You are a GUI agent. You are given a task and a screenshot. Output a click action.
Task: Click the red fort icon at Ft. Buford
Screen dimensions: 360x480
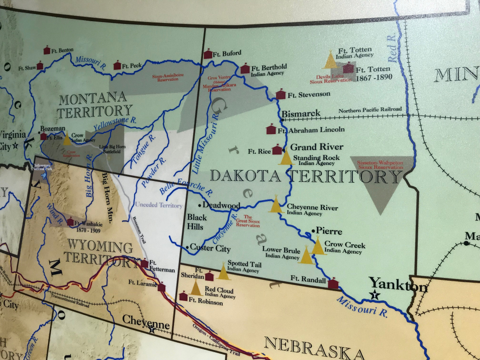click(x=208, y=54)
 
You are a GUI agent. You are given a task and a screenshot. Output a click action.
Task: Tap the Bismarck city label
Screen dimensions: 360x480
click(x=301, y=113)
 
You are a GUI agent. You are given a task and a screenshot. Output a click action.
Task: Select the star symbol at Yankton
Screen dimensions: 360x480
click(x=375, y=295)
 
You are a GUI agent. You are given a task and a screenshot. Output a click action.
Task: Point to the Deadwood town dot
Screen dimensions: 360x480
click(x=200, y=205)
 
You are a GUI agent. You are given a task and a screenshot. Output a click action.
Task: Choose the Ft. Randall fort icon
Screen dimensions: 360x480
click(x=333, y=283)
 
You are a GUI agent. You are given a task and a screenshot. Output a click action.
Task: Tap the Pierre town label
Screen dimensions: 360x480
click(x=329, y=232)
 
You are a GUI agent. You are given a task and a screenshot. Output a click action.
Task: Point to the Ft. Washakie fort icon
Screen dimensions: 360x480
click(x=70, y=222)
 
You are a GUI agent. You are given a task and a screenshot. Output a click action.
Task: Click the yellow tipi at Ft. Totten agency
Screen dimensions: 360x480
click(x=330, y=60)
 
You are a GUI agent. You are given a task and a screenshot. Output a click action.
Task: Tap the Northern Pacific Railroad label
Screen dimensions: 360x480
click(x=370, y=110)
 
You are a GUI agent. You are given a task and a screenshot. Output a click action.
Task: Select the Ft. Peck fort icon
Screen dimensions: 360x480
click(x=117, y=65)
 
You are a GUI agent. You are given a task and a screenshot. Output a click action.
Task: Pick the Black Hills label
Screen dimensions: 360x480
click(x=195, y=222)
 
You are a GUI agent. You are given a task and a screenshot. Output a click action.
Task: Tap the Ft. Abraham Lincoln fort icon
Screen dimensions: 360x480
click(x=271, y=129)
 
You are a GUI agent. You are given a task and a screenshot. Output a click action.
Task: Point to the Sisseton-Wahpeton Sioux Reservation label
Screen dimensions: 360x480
click(x=380, y=165)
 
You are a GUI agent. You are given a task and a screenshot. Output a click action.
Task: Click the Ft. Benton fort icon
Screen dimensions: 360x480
click(x=47, y=50)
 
